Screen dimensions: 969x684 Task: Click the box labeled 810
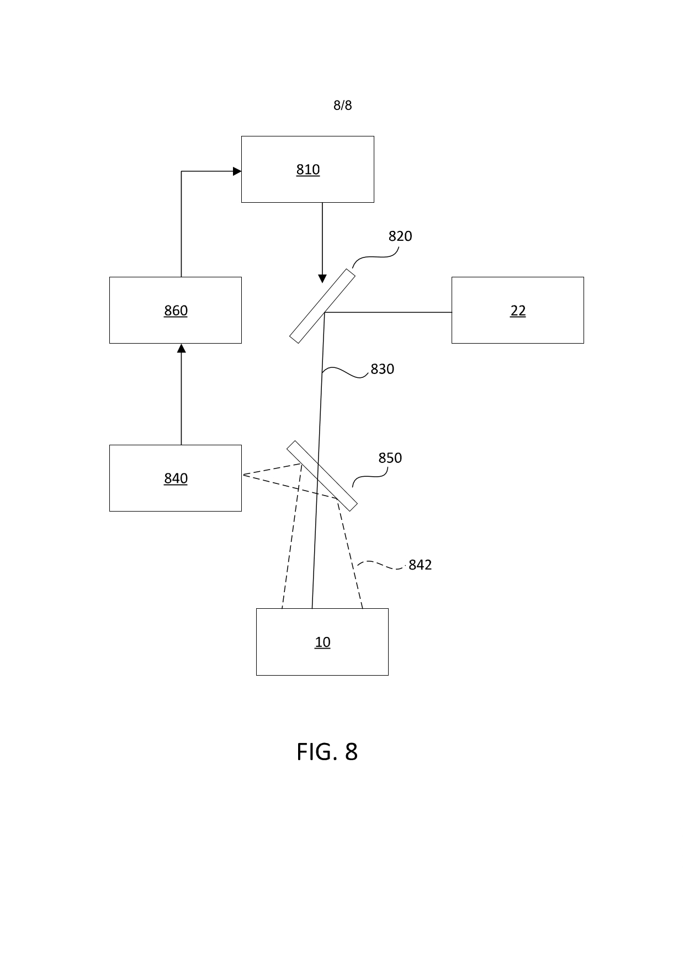(x=307, y=169)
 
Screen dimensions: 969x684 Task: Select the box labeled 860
(x=176, y=310)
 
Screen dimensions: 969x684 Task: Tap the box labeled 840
(x=176, y=478)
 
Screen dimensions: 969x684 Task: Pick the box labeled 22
(x=517, y=310)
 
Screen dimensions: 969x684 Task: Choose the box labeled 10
(x=322, y=641)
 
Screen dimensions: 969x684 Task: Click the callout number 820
(x=400, y=236)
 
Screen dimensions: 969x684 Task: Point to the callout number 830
(x=382, y=369)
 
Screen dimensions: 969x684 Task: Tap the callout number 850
(x=390, y=458)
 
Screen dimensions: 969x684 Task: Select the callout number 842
(x=420, y=565)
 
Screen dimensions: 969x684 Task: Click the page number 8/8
(x=342, y=105)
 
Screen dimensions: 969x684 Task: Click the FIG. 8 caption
(x=327, y=752)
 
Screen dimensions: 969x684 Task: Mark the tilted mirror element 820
(x=322, y=306)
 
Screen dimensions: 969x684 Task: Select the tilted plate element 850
(x=322, y=476)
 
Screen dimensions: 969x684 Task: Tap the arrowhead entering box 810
(x=237, y=171)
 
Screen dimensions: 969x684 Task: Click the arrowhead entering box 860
(x=181, y=348)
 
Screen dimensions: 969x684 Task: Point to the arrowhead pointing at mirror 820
(x=322, y=278)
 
